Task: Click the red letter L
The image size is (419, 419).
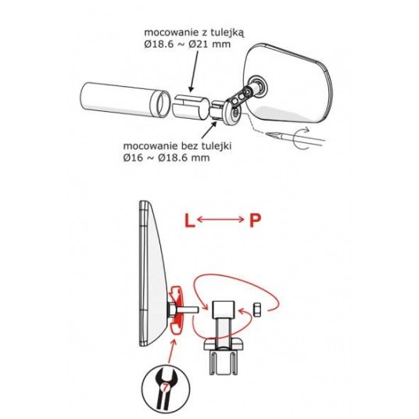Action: [189, 220]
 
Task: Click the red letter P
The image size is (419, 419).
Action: [255, 220]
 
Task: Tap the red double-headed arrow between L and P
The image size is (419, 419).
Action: [220, 220]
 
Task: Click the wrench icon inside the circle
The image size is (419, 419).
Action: [166, 389]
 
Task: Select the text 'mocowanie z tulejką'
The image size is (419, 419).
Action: [194, 33]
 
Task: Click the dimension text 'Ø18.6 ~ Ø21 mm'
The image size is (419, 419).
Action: [188, 44]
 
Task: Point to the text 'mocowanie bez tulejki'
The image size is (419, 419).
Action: [177, 146]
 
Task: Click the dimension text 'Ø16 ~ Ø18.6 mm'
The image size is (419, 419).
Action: [167, 158]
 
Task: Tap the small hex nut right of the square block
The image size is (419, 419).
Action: [257, 310]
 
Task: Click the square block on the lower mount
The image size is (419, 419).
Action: [224, 310]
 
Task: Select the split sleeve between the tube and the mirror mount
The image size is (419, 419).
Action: [190, 106]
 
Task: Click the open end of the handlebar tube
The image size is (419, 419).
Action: [159, 105]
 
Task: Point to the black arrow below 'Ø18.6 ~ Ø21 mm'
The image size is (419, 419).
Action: [194, 71]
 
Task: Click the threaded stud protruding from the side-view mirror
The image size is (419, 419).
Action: [188, 310]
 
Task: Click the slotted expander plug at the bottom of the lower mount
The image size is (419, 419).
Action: [223, 362]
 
